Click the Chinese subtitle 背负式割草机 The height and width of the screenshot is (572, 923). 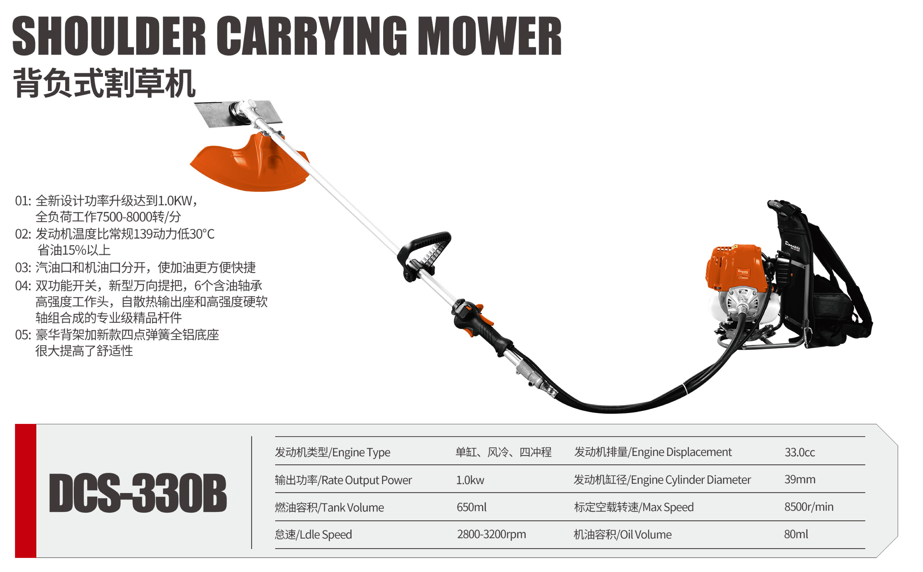[104, 83]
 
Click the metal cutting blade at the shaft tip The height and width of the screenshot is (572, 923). [238, 114]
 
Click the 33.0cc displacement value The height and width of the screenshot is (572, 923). [799, 452]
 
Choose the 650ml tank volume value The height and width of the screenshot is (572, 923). [471, 507]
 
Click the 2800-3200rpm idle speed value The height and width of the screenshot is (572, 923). [491, 534]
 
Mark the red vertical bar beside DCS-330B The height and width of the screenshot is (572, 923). [26, 491]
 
